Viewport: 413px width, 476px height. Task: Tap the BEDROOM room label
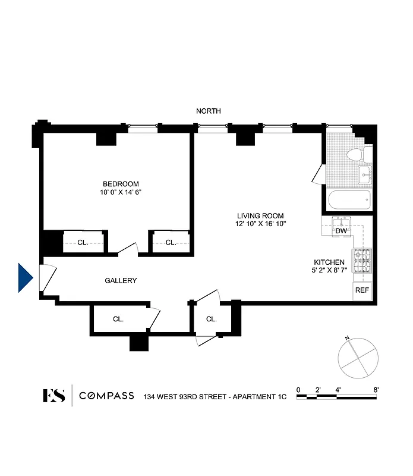tap(121, 184)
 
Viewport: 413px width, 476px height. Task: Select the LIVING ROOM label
tap(260, 216)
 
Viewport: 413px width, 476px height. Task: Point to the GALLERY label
tap(121, 281)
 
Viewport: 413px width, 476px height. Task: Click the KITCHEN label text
tap(329, 262)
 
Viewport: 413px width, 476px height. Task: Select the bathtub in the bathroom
tap(348, 200)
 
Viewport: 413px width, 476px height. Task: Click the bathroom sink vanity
tap(365, 173)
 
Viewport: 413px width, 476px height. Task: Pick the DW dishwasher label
tap(341, 231)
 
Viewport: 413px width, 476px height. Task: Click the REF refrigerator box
tap(362, 290)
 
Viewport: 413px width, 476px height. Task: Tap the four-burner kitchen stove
tap(362, 258)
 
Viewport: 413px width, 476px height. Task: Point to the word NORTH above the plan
tap(209, 111)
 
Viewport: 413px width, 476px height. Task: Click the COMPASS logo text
tap(106, 396)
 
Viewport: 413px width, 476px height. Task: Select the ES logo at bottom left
tap(54, 396)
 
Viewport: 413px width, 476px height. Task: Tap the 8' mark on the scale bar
tap(376, 390)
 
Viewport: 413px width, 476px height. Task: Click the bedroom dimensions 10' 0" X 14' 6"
tap(121, 192)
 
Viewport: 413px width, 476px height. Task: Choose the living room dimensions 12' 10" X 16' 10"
tap(260, 224)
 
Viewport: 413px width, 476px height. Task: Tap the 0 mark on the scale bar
tap(298, 390)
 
